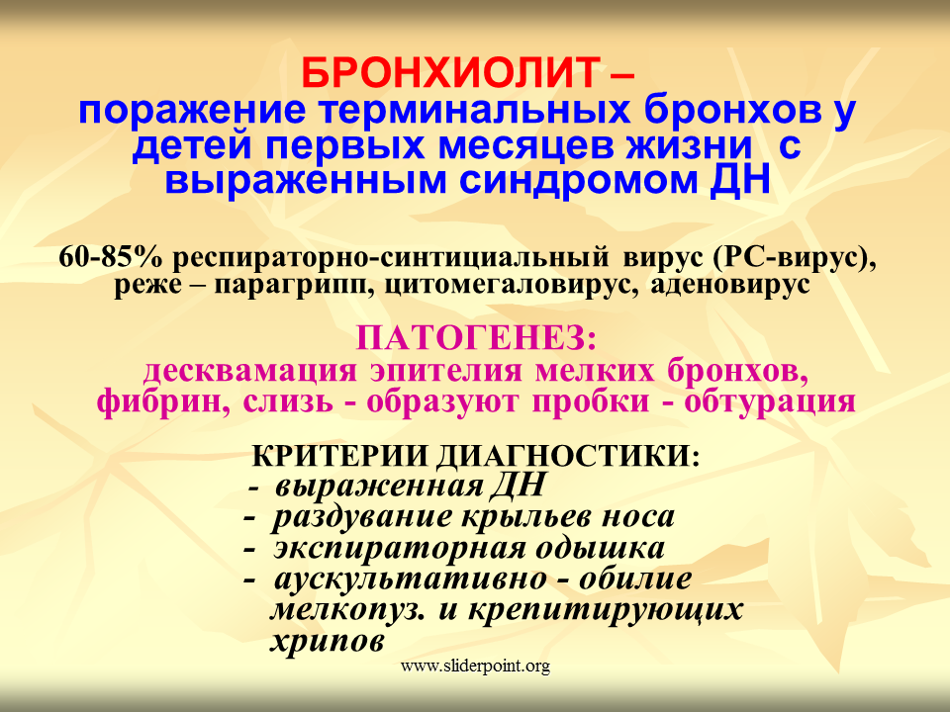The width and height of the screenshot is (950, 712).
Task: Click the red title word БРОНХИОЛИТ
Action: [451, 73]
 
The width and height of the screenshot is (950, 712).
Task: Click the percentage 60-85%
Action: [111, 257]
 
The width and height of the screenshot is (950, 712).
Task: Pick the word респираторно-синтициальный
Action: [391, 257]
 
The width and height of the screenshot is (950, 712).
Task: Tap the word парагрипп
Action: [297, 284]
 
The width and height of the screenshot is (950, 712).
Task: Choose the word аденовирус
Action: [730, 284]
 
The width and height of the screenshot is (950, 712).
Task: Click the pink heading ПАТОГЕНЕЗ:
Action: [476, 337]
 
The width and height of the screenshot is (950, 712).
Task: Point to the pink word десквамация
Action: [250, 370]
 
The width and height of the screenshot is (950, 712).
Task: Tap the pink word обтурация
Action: [770, 400]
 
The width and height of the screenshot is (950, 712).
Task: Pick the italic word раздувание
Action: [362, 517]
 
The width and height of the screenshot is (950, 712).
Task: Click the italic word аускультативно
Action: [411, 578]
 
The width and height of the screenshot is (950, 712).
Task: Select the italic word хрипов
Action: [328, 640]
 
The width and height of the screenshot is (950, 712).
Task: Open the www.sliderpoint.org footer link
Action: [476, 667]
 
